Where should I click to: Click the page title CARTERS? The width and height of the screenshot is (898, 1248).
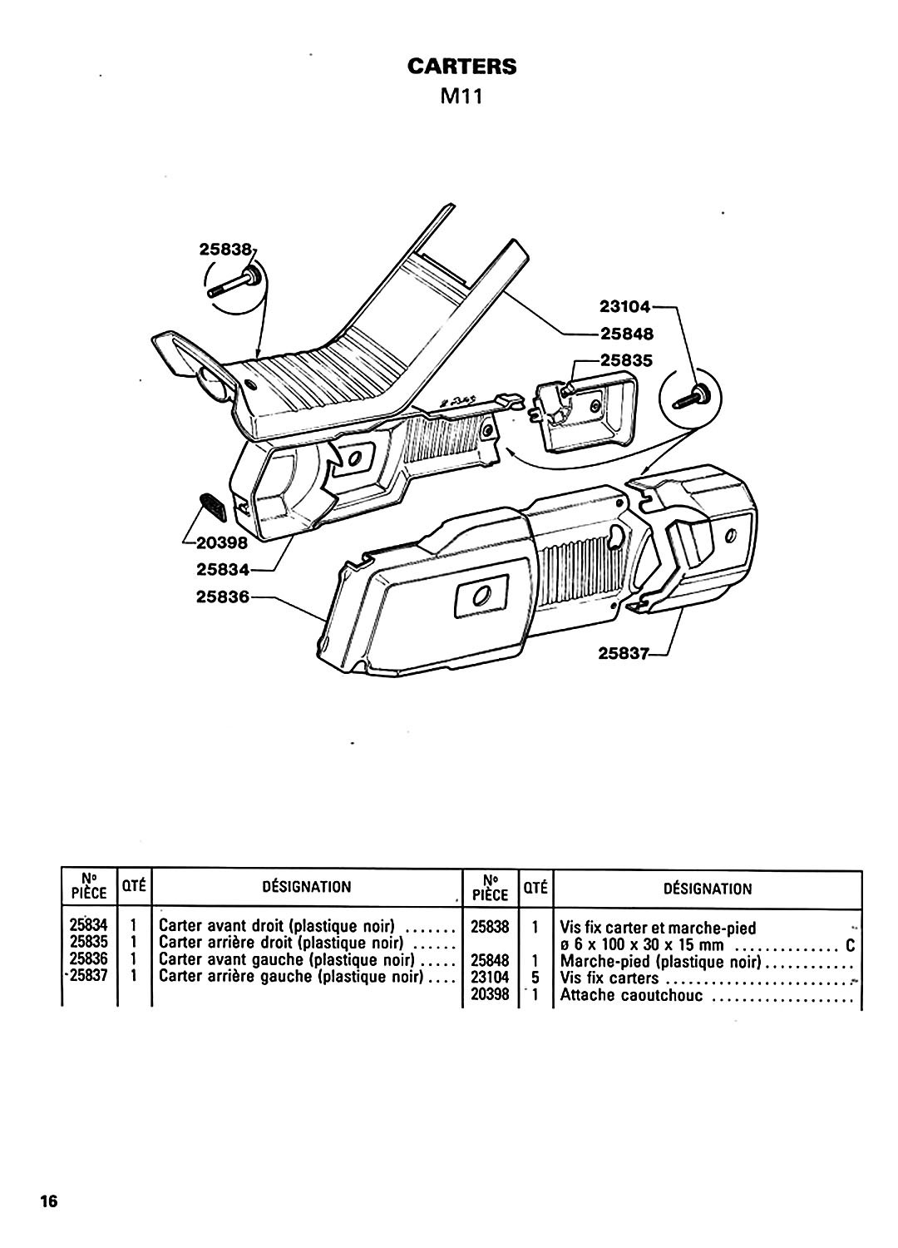click(461, 67)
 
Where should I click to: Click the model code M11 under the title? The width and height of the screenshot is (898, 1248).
click(461, 97)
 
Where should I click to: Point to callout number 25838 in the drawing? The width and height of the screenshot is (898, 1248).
click(225, 249)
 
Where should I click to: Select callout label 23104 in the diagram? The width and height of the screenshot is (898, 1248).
click(624, 306)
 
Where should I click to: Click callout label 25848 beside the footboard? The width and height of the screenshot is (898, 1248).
click(627, 334)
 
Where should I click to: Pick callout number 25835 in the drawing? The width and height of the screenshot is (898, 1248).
click(626, 360)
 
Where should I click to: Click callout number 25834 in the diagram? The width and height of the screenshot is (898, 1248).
click(222, 569)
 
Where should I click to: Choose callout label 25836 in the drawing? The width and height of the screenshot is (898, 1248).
click(222, 597)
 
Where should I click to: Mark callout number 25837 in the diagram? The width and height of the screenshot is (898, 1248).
click(624, 652)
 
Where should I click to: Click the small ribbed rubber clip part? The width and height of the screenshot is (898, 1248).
click(212, 507)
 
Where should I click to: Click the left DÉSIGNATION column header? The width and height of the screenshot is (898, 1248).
click(307, 886)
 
